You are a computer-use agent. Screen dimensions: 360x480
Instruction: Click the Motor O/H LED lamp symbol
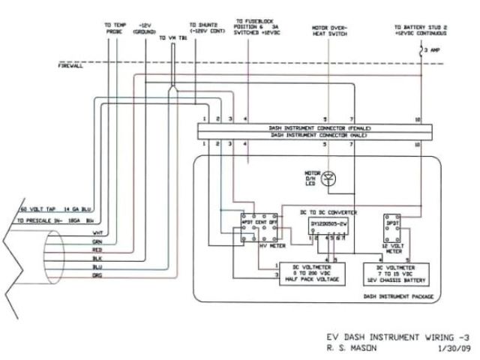point(334,178)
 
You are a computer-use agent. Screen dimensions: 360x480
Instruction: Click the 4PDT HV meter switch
point(256,226)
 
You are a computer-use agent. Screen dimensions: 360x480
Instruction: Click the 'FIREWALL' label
point(72,66)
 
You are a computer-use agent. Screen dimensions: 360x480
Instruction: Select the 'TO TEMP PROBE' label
point(114,29)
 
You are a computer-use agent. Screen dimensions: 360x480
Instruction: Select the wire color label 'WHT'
point(97,233)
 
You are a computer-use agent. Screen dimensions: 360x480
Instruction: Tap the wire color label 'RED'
point(97,250)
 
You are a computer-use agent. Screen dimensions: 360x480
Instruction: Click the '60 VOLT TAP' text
point(34,209)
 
